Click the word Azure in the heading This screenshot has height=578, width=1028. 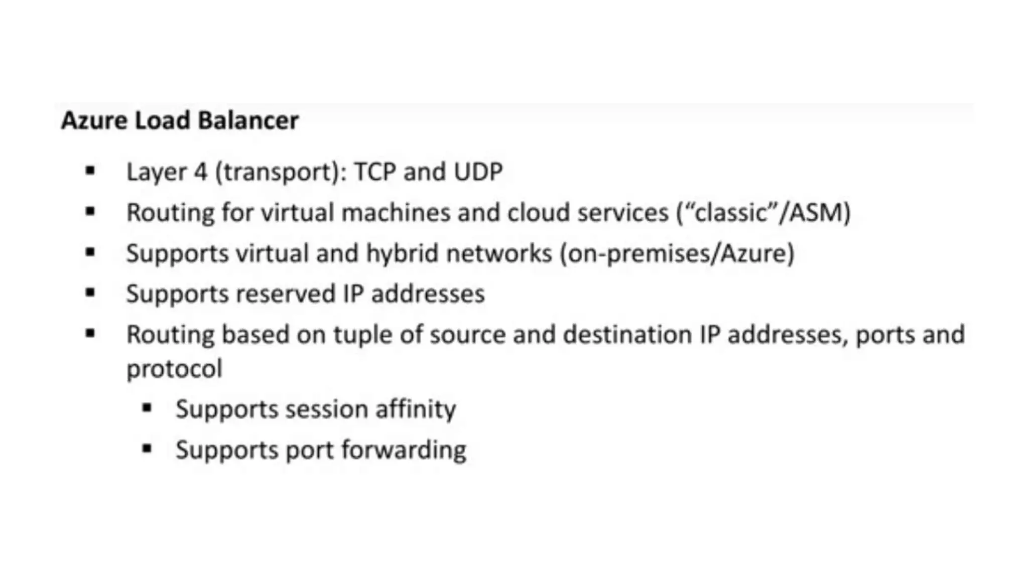tap(94, 121)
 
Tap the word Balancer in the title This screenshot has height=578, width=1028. tap(248, 121)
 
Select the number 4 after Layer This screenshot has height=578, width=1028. tap(200, 172)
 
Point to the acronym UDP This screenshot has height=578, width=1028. tap(478, 172)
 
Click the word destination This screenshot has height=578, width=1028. tap(627, 335)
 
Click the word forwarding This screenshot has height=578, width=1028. tap(404, 451)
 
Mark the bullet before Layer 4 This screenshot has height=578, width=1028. tap(90, 171)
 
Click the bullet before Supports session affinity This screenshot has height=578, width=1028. tap(147, 408)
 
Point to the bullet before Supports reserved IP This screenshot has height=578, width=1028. tap(90, 293)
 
